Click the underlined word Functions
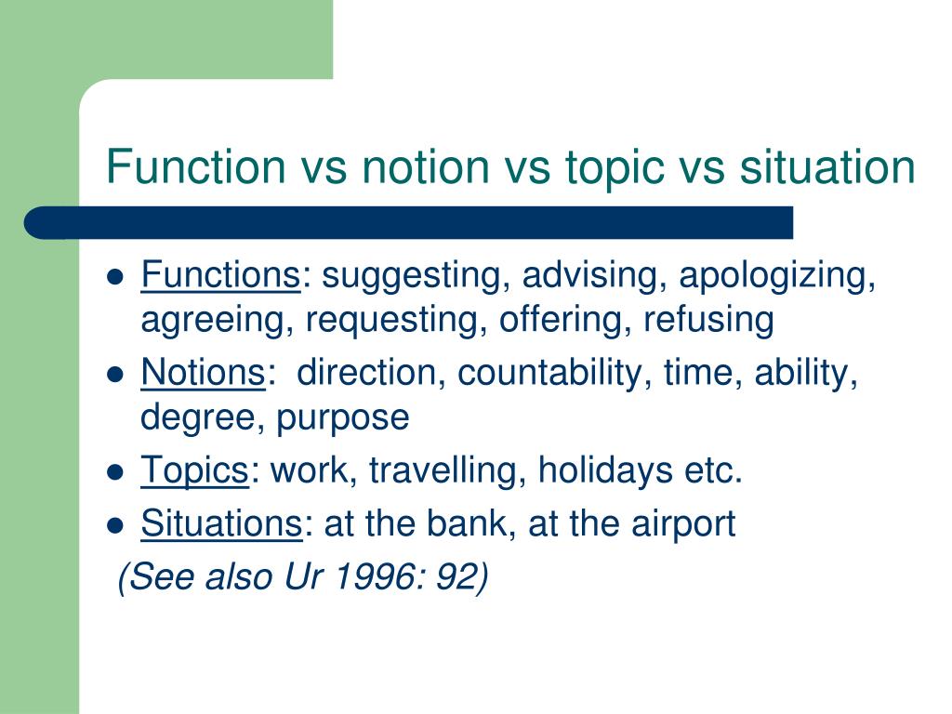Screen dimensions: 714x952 219,276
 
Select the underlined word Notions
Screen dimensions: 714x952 204,374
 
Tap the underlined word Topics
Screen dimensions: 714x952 193,471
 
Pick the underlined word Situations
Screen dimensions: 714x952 220,524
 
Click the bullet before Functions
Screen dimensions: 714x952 116,277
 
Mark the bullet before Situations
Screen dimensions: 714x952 116,525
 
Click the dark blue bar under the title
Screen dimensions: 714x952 409,223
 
